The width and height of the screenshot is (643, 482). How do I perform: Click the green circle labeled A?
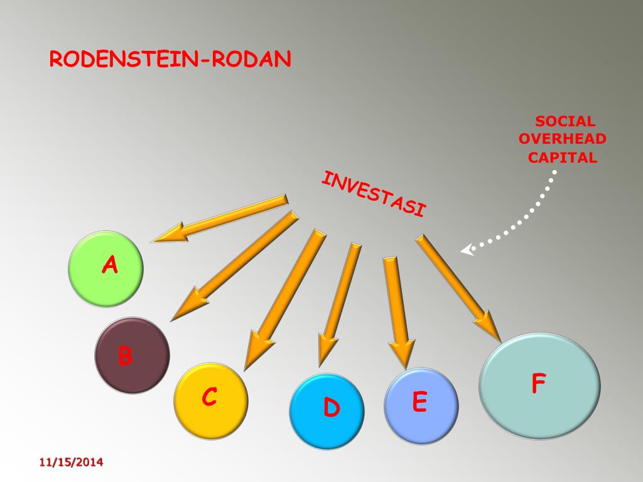pos(105,269)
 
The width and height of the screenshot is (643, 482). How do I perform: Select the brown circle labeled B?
pos(132,355)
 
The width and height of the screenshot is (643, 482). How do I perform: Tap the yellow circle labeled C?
pos(210,400)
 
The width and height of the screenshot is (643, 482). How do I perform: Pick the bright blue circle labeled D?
pos(327,410)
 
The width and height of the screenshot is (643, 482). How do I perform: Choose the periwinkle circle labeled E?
pos(421,405)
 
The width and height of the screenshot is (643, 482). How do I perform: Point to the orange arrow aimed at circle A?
pos(220,218)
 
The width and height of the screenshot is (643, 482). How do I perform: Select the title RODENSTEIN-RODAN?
pos(170,60)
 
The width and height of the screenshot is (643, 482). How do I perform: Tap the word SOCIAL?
pos(565,122)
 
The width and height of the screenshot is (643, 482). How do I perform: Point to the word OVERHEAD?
pos(563,139)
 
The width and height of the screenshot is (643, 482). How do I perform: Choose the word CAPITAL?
pos(563,158)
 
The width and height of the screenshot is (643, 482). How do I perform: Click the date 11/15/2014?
pos(71,463)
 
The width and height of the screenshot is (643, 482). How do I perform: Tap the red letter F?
pos(538,383)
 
